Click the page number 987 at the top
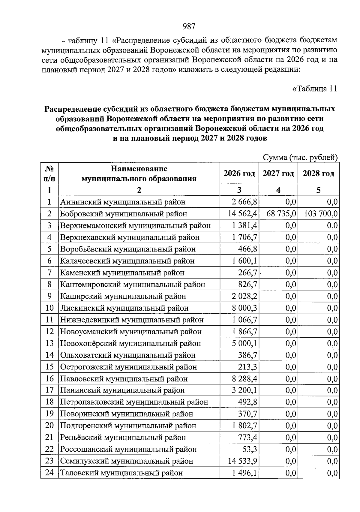189,26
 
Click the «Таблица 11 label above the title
314,89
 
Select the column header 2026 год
239,173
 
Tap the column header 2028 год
318,173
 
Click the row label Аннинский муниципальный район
123,202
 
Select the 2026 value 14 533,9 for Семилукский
242,461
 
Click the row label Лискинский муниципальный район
124,308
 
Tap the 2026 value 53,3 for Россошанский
250,449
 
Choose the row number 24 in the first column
49,473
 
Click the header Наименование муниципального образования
139,173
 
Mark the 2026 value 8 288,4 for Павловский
244,379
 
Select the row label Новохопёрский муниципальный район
130,343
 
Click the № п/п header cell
49,173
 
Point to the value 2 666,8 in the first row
244,202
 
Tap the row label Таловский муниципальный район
121,473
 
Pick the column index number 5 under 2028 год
318,190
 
